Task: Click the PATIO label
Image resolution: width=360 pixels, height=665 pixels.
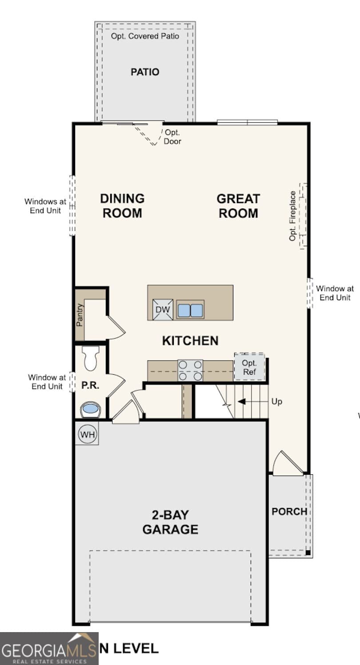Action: tap(145, 72)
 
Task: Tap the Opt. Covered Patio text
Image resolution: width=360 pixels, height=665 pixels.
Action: tap(145, 36)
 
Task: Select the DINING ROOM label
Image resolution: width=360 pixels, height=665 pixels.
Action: tap(122, 205)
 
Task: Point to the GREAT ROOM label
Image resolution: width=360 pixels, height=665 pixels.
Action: tap(238, 205)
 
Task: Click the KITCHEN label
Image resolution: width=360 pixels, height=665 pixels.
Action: tap(190, 341)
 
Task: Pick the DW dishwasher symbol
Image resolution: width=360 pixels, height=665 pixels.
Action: tap(163, 309)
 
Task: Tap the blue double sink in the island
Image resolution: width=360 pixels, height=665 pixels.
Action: tap(190, 310)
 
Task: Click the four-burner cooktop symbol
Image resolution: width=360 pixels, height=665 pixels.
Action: tap(190, 370)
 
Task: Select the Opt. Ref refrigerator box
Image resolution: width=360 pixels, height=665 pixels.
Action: tap(249, 367)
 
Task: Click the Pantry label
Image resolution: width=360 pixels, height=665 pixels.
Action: tap(80, 315)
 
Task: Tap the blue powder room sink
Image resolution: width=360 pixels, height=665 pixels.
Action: tap(90, 409)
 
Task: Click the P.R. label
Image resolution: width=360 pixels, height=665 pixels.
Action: tap(90, 385)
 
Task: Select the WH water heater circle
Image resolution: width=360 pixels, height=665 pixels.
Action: tap(88, 434)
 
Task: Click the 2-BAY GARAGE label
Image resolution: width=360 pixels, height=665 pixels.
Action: tap(170, 522)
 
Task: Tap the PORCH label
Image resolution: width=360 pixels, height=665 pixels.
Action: tap(289, 511)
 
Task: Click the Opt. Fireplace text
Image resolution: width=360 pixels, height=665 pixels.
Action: tap(293, 216)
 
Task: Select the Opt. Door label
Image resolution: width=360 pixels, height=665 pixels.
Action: tap(172, 137)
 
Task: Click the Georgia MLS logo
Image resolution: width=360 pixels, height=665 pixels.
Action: tap(49, 649)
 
